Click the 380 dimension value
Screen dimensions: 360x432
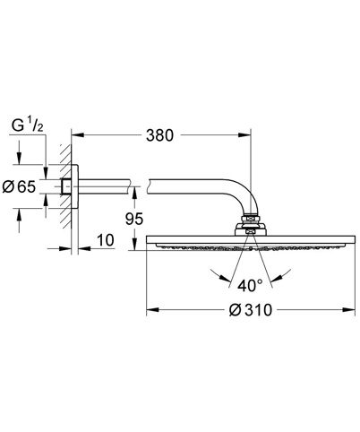[x=159, y=135]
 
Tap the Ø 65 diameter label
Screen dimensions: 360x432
[x=19, y=187]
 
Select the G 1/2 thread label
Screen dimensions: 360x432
[x=28, y=125]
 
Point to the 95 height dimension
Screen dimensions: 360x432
[x=134, y=219]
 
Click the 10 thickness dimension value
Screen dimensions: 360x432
[x=106, y=240]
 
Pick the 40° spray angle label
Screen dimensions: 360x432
[x=250, y=286]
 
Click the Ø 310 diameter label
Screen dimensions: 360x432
[x=251, y=310]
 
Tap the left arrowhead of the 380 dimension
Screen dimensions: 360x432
[x=77, y=135]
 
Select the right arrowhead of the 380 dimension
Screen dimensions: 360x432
[x=245, y=135]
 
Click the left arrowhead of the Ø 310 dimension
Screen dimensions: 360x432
[x=152, y=310]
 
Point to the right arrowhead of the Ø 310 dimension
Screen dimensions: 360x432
[x=349, y=310]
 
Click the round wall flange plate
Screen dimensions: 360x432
[x=74, y=186]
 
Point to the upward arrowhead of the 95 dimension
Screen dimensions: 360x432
[x=134, y=193]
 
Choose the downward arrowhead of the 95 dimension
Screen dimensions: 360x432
[x=134, y=245]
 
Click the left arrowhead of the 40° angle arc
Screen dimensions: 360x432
[x=226, y=279]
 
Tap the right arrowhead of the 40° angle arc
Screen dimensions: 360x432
[x=276, y=279]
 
